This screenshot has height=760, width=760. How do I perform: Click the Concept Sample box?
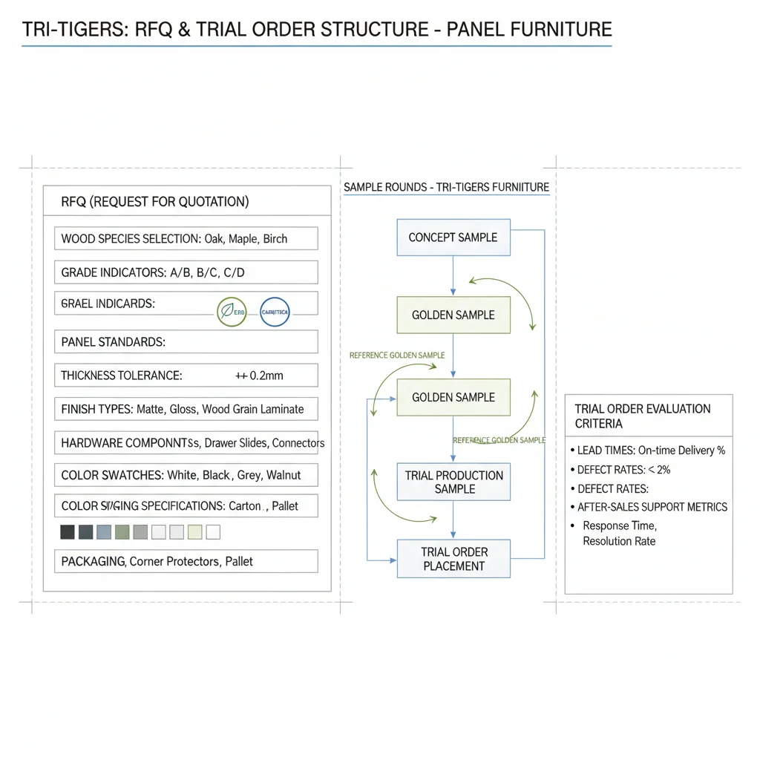click(x=453, y=237)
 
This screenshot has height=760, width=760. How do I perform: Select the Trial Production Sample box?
click(x=453, y=482)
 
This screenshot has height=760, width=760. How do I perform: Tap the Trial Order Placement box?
click(x=453, y=559)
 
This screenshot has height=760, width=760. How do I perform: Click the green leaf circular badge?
click(x=231, y=312)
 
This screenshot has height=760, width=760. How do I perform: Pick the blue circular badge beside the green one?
click(x=275, y=312)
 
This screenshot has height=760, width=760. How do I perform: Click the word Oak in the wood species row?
click(x=214, y=239)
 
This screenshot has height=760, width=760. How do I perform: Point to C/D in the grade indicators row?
click(x=233, y=272)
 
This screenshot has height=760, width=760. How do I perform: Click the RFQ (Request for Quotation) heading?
click(x=155, y=202)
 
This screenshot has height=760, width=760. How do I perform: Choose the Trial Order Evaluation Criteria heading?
click(x=642, y=416)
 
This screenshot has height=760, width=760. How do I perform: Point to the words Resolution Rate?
click(x=619, y=541)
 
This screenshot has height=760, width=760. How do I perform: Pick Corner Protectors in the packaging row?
click(x=174, y=562)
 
